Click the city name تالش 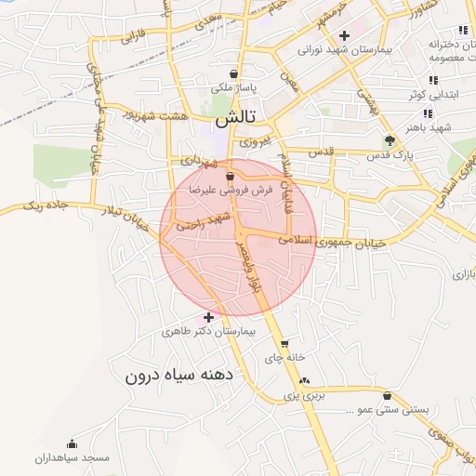[235, 120]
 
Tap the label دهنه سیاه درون [182, 377]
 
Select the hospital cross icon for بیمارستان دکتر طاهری [208, 318]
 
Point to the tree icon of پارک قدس [390, 141]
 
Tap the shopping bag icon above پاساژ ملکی [232, 73]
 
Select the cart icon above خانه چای [284, 343]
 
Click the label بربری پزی [302, 396]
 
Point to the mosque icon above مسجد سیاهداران [73, 444]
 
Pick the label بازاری [463, 275]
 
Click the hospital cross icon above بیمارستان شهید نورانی [344, 35]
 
